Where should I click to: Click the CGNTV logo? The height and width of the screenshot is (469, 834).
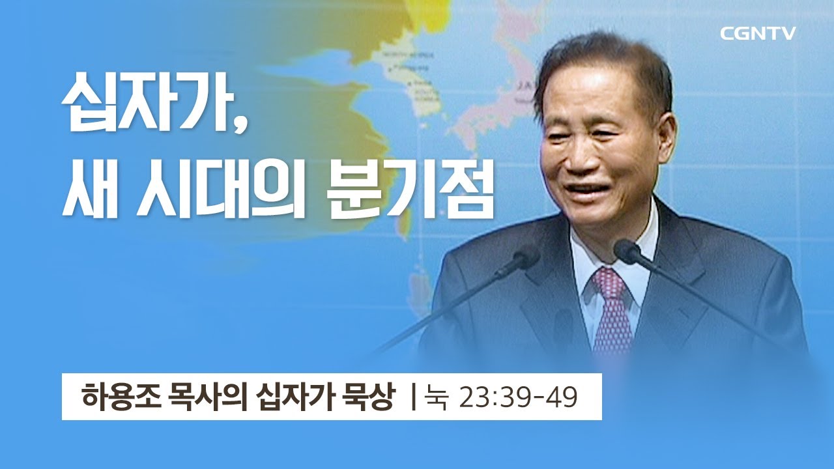pos(758,34)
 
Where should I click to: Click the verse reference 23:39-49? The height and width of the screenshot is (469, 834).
pos(519,396)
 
